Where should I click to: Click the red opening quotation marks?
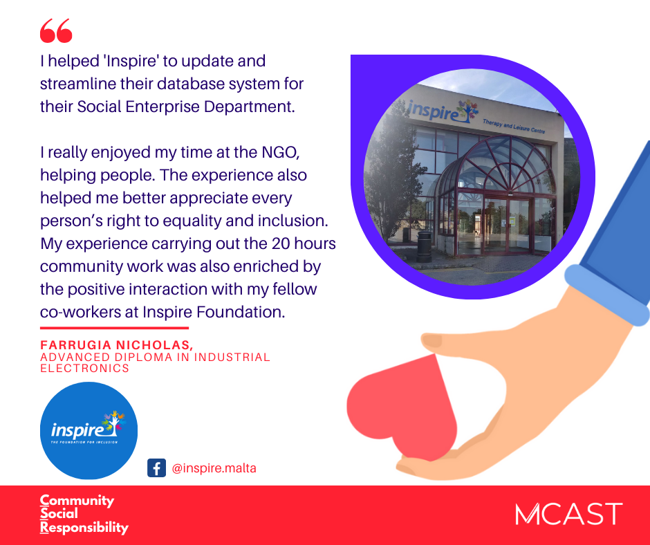point(56,30)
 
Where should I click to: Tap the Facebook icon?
point(157,468)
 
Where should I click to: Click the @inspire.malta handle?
point(214,468)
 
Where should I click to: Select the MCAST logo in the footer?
point(568,514)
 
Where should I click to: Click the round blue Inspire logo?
point(89,430)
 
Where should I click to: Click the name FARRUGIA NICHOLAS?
point(116,344)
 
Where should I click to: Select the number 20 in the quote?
point(281,243)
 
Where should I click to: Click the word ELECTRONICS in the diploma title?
point(84,369)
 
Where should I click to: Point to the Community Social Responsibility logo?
point(84,514)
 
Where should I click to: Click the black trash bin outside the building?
point(424,246)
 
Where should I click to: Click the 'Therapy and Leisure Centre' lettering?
point(514,126)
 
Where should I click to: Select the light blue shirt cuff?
point(607,295)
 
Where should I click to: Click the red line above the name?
point(114,328)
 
